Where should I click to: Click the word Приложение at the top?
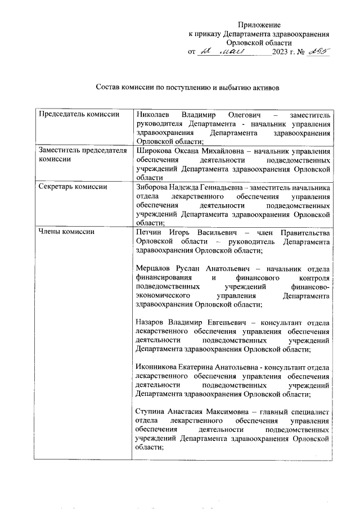[x=259, y=25]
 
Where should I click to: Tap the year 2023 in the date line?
[x=280, y=52]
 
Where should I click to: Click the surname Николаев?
[x=155, y=115]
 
